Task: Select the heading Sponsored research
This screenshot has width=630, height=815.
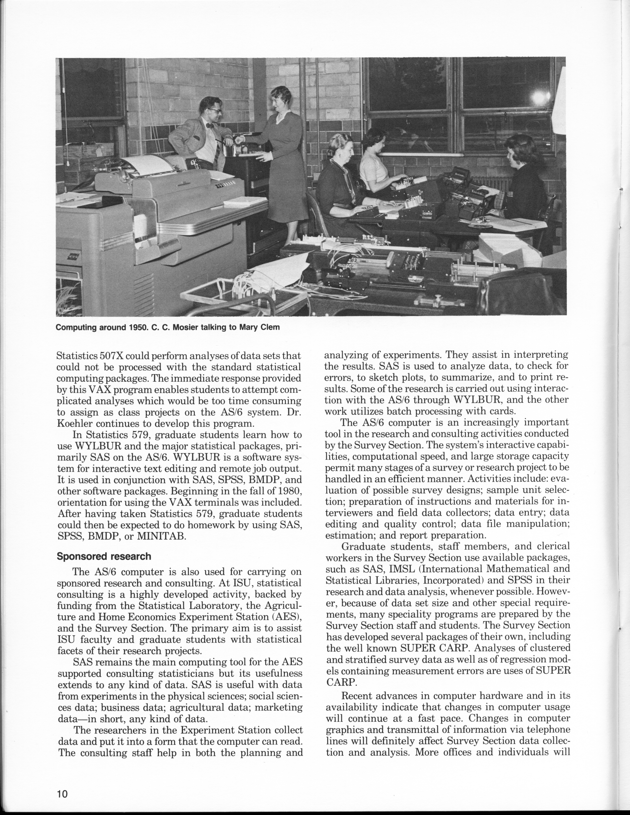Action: click(x=104, y=556)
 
